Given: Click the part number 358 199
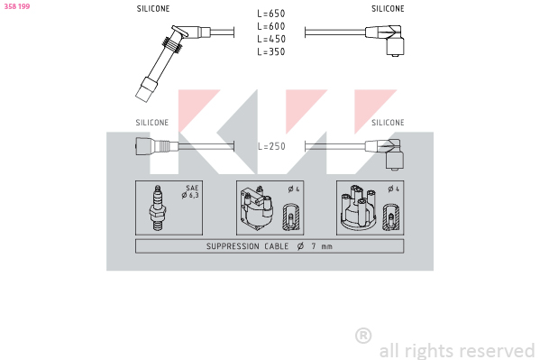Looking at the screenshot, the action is coord(17,6).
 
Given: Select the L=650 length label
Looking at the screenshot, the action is coord(271,14).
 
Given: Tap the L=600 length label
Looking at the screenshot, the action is coord(271,26).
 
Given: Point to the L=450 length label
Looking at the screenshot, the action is coord(271,39).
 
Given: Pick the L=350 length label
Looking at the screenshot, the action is coord(271,51).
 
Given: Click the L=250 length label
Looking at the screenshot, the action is coord(271,146).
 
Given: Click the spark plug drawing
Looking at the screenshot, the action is coord(158,208).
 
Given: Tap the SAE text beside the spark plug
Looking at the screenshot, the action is coord(192,188).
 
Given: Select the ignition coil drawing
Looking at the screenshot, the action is coord(257,208).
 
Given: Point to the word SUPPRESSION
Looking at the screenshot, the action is coord(233,246).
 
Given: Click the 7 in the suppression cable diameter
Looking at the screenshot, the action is coord(314,246).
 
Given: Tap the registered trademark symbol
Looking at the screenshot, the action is coord(363,336).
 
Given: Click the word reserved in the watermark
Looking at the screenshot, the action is coord(497,351).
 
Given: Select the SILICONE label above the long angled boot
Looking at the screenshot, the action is coord(153,9).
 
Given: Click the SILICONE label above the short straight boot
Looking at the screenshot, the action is coord(151,123).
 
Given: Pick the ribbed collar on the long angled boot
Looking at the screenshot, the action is coord(172,45).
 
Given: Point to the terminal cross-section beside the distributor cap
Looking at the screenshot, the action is coord(391,217).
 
